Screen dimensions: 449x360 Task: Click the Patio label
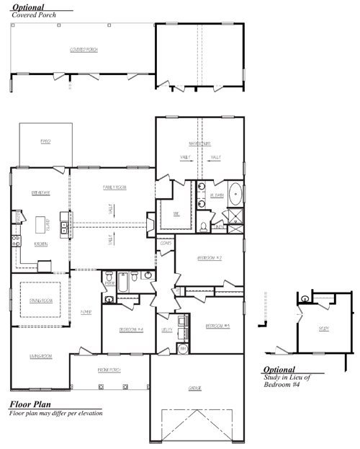pyautogui.click(x=45, y=142)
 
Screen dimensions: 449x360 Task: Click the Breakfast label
pyautogui.click(x=40, y=192)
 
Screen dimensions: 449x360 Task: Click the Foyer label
pyautogui.click(x=86, y=312)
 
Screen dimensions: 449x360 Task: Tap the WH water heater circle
pyautogui.click(x=182, y=349)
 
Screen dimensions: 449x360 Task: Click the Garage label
pyautogui.click(x=194, y=388)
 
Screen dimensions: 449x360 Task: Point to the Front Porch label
pyautogui.click(x=108, y=370)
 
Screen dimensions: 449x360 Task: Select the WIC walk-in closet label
pyautogui.click(x=176, y=213)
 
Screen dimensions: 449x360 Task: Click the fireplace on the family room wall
pyautogui.click(x=150, y=224)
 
